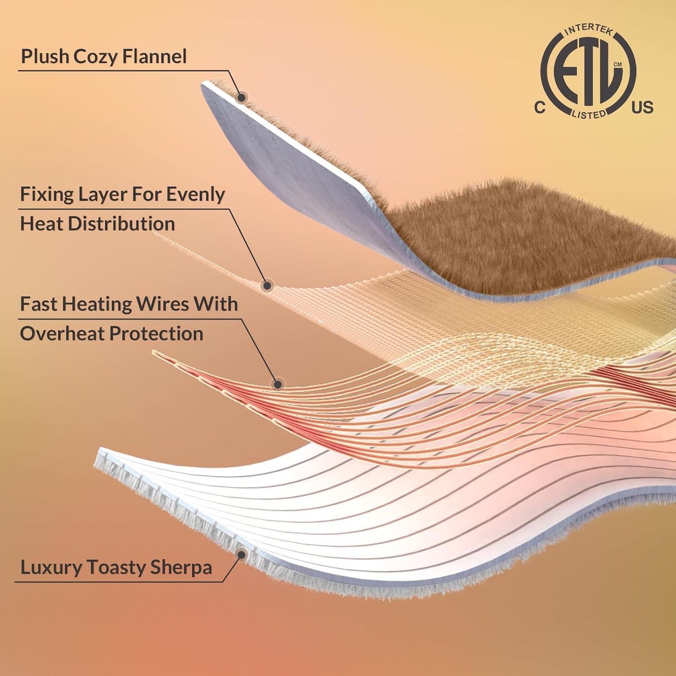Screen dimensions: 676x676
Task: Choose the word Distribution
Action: point(121,224)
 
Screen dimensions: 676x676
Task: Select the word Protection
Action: point(156,333)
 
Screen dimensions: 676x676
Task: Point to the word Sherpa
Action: point(181,568)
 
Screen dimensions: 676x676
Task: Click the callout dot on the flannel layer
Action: point(241,97)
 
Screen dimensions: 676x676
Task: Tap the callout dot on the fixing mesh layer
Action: point(268,285)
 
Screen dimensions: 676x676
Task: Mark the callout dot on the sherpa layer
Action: point(241,555)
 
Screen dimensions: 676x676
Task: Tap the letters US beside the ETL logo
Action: point(642,107)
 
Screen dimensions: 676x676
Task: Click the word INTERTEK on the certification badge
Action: point(589,30)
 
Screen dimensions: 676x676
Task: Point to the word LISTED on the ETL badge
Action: point(589,114)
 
